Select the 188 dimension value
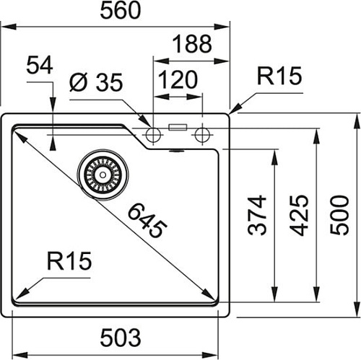pyautogui.click(x=192, y=44)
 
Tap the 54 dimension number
pyautogui.click(x=40, y=67)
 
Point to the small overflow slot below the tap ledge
pyautogui.click(x=173, y=152)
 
